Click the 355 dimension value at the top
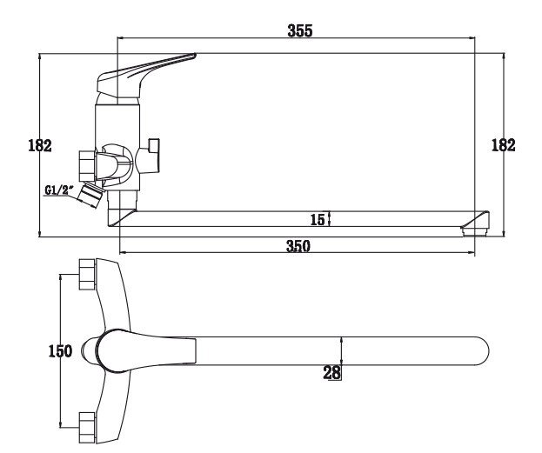point(299,30)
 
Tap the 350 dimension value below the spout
point(298,246)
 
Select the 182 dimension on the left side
point(40,145)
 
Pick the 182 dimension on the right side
point(503,145)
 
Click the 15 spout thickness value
point(318,220)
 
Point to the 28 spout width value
point(331,372)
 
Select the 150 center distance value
point(60,351)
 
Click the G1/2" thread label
point(60,190)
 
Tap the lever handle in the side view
point(142,74)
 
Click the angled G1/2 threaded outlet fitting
point(90,196)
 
